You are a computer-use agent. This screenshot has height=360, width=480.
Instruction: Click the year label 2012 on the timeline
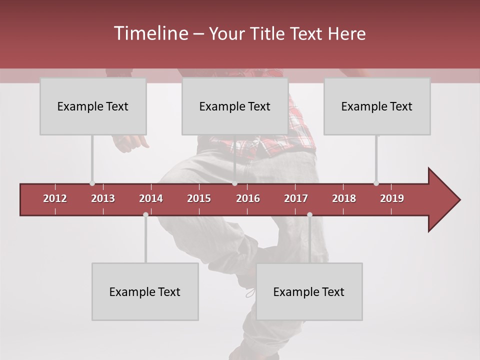click(x=55, y=198)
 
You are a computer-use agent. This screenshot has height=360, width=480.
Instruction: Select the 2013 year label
click(x=103, y=198)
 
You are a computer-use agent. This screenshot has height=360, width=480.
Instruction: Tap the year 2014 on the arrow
click(x=151, y=198)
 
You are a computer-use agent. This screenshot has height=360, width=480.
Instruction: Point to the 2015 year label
click(x=199, y=198)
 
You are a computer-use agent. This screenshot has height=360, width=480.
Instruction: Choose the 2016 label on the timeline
click(x=248, y=198)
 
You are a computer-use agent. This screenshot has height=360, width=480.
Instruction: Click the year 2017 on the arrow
click(x=296, y=198)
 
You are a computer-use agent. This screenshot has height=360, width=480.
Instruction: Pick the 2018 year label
click(x=344, y=198)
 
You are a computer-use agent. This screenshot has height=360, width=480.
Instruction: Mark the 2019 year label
click(x=392, y=198)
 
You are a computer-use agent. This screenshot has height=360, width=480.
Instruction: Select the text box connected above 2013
click(x=93, y=106)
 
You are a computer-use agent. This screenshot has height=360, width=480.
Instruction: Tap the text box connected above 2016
click(x=235, y=106)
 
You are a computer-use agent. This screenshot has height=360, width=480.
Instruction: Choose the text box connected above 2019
click(x=377, y=106)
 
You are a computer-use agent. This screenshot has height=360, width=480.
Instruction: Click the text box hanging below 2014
click(x=145, y=291)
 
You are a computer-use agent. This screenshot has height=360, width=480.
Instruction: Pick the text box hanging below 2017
click(x=309, y=291)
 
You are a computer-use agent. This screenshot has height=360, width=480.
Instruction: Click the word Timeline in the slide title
click(x=150, y=33)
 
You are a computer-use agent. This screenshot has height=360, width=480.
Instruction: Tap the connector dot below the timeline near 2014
click(x=145, y=214)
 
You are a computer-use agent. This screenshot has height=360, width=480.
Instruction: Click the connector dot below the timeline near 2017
click(x=309, y=214)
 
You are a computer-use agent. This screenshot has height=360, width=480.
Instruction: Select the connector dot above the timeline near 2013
click(x=92, y=183)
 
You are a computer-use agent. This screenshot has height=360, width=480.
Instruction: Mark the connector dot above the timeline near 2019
click(x=376, y=183)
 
